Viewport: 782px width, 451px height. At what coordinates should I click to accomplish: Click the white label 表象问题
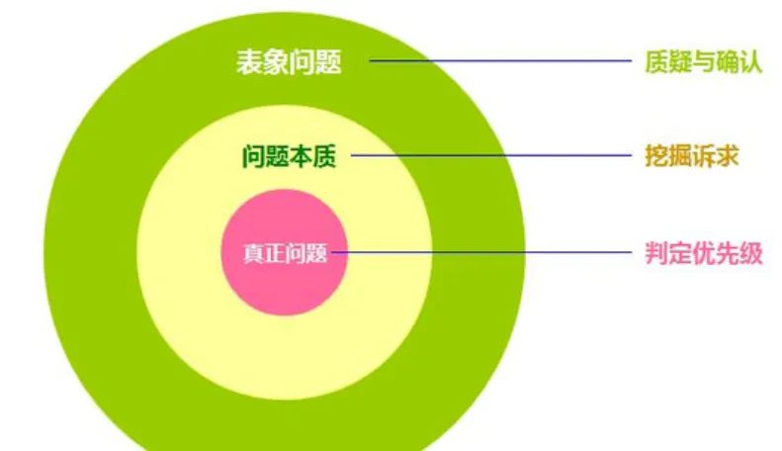pyautogui.click(x=288, y=62)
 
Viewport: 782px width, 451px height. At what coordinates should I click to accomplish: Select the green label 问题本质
pyautogui.click(x=289, y=156)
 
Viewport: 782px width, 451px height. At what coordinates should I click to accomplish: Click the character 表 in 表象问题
pyautogui.click(x=248, y=62)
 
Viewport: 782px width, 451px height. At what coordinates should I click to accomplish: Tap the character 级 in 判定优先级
pyautogui.click(x=750, y=253)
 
